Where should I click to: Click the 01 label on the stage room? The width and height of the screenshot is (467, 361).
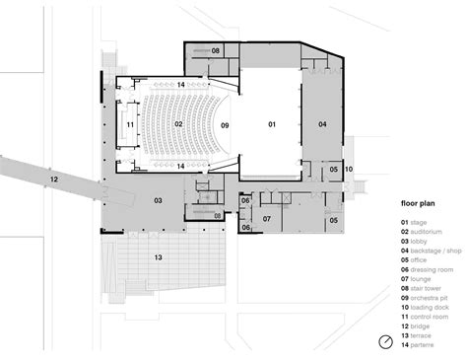click(273, 124)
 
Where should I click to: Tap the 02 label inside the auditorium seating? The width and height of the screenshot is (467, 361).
click(180, 124)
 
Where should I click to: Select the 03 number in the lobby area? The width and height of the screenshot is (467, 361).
click(157, 200)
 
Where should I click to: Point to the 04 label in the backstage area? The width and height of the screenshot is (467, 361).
click(321, 124)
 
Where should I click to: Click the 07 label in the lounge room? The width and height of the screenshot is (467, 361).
click(267, 217)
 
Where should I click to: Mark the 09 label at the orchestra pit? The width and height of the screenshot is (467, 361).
click(225, 125)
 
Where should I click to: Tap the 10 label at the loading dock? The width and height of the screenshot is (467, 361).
click(348, 169)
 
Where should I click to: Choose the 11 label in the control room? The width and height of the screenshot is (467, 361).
click(128, 125)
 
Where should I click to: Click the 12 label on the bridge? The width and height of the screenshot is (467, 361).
click(55, 179)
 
